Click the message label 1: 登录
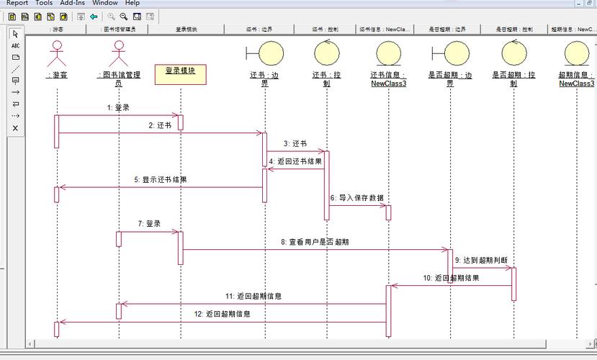coord(117,107)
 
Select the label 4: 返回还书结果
coord(295,161)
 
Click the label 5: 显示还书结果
coord(160,179)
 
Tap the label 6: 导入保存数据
coord(356,197)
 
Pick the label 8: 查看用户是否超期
coord(315,242)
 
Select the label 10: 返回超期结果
coord(452,278)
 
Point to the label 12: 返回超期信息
coord(223,314)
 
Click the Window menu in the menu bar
coord(104,3)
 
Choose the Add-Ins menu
coord(73,3)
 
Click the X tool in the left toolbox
coord(16,128)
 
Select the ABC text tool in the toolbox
coord(16,45)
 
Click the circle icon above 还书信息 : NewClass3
coord(388,53)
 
